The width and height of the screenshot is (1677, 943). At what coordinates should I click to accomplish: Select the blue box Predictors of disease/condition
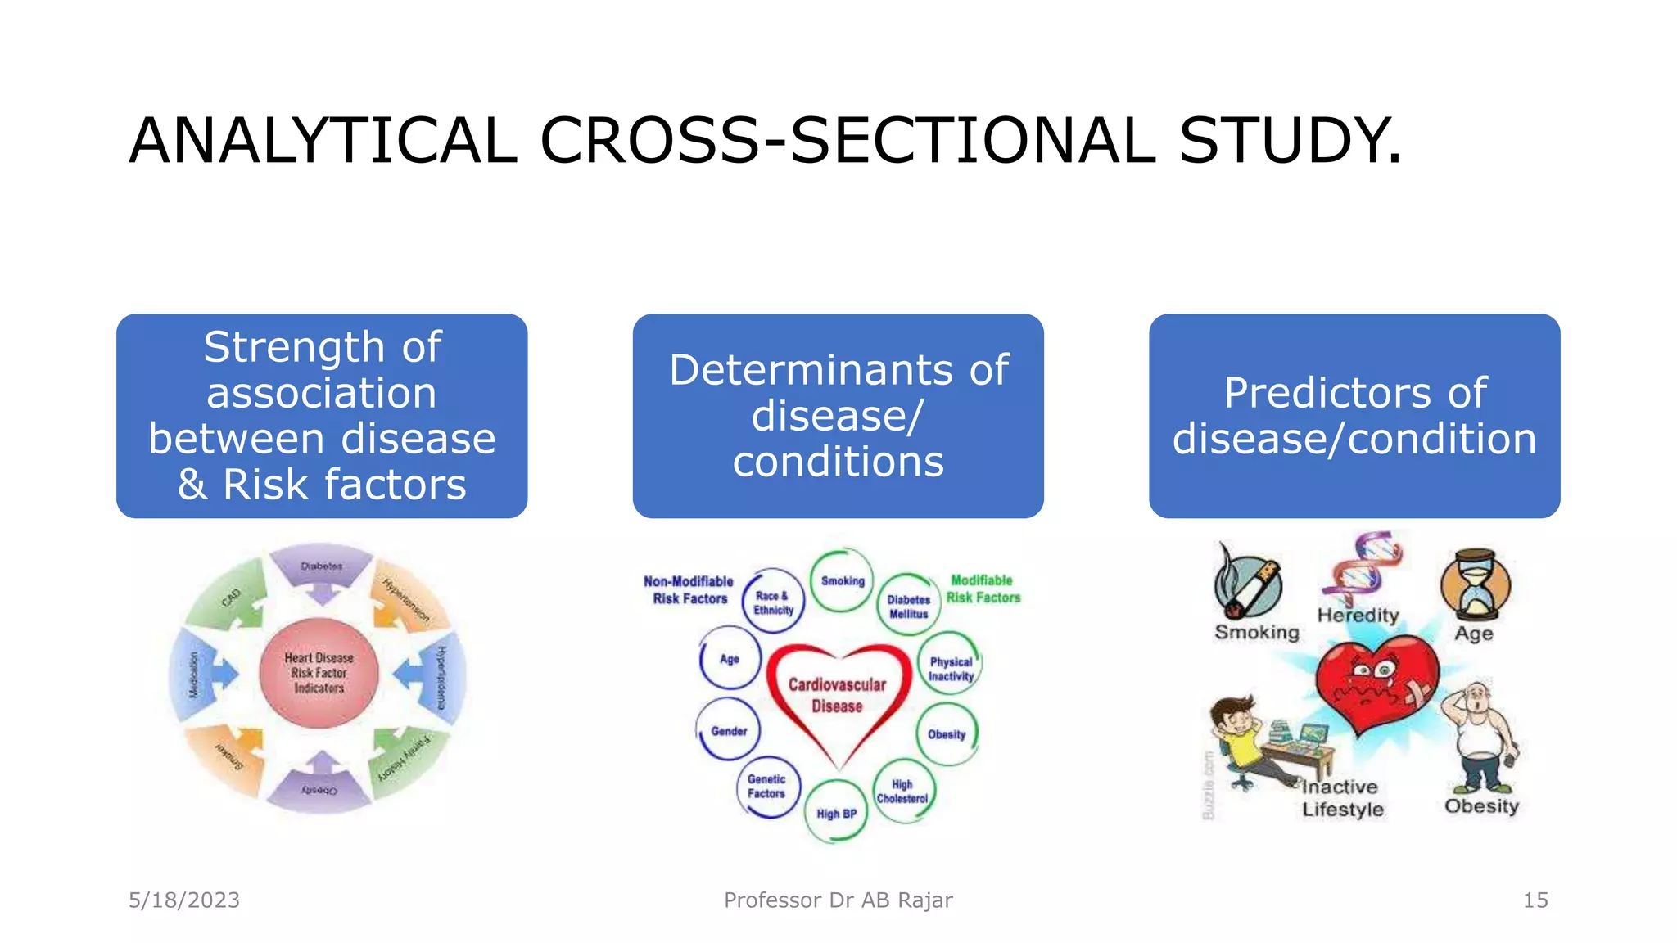click(1354, 416)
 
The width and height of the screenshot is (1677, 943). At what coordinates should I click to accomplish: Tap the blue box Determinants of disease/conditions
click(838, 416)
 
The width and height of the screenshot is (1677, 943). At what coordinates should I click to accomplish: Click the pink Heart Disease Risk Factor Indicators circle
click(319, 673)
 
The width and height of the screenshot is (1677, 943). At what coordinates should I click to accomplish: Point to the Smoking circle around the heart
click(842, 580)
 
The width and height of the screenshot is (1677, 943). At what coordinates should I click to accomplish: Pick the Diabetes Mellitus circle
click(908, 606)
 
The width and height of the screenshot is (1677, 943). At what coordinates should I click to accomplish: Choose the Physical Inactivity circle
click(950, 668)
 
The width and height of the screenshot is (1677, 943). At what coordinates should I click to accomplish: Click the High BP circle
click(836, 813)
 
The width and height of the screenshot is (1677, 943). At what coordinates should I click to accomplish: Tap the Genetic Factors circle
click(766, 786)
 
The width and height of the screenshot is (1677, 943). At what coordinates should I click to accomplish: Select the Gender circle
click(729, 730)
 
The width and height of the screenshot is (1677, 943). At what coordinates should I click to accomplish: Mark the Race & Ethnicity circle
click(773, 602)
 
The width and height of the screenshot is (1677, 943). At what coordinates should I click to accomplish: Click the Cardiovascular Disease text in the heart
click(837, 694)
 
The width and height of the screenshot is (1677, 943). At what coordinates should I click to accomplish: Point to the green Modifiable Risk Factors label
click(983, 589)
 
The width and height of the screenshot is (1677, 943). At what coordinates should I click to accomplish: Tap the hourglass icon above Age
click(1476, 585)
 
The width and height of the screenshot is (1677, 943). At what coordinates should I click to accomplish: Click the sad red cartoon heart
click(1376, 684)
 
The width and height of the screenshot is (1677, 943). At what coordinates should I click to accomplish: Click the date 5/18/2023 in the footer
click(184, 900)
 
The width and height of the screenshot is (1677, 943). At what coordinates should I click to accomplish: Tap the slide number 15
click(1535, 900)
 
